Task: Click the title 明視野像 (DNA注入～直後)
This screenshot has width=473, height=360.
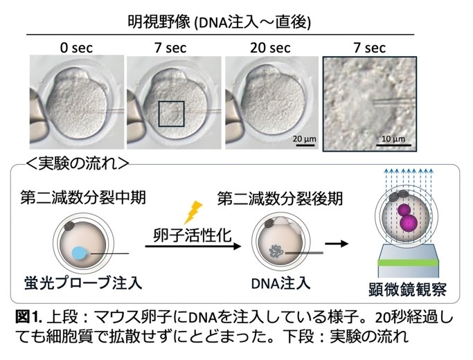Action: point(219,23)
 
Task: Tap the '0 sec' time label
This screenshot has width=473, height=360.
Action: point(77,48)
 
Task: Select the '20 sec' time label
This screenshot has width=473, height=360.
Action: point(270,48)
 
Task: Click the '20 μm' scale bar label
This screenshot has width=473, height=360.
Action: point(305,139)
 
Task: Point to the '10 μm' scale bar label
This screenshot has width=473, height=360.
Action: point(393,139)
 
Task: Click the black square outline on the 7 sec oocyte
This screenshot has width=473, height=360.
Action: point(172,102)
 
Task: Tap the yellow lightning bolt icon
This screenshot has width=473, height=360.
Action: point(193,213)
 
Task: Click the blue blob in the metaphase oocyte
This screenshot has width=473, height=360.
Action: point(80,253)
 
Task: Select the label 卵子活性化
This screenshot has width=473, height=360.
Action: point(193,235)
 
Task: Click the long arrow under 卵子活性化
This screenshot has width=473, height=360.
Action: point(193,246)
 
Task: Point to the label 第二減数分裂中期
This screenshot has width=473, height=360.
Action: point(83,197)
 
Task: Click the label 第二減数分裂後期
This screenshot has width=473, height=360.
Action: point(280,199)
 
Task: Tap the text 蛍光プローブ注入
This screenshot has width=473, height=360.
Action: point(83,283)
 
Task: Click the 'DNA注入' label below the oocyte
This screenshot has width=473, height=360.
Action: point(280,283)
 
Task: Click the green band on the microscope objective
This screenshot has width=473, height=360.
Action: point(407,262)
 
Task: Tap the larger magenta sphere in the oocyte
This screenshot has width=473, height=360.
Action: point(409,223)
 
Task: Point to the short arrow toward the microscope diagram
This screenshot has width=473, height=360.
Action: point(337,243)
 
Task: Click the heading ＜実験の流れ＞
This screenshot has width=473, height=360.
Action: point(78,164)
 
